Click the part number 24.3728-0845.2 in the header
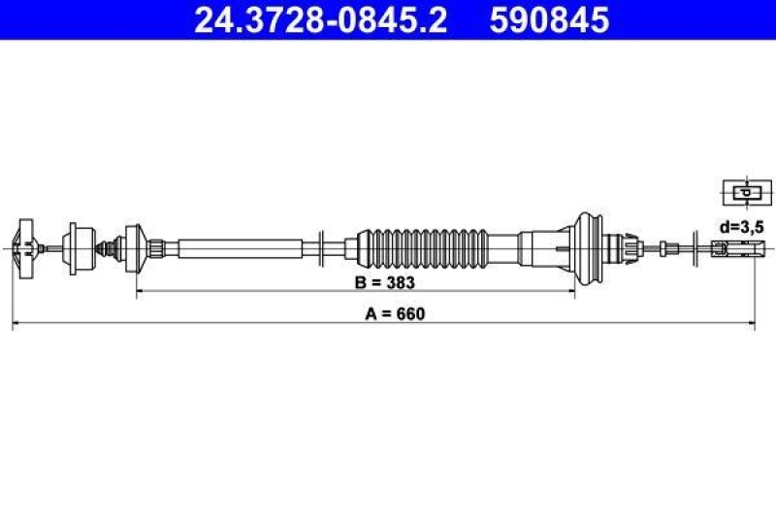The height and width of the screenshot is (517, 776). click(320, 19)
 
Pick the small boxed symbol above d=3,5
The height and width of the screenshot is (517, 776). click(744, 192)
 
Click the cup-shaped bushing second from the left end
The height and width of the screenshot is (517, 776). click(77, 246)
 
